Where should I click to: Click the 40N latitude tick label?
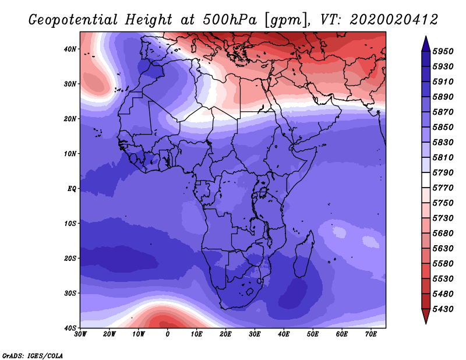pyautogui.click(x=70, y=49)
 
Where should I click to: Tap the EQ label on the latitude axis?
pyautogui.click(x=72, y=189)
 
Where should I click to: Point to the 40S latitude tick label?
pyautogui.click(x=70, y=328)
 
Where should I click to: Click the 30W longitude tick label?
pyautogui.click(x=80, y=334)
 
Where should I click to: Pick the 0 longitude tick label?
pyautogui.click(x=168, y=334)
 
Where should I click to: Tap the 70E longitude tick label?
pyautogui.click(x=371, y=334)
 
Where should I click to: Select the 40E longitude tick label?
pyautogui.click(x=284, y=334)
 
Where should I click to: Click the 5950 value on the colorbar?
pyautogui.click(x=443, y=51)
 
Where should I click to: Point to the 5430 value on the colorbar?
pyautogui.click(x=443, y=309)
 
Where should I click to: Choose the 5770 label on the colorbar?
pyautogui.click(x=443, y=188)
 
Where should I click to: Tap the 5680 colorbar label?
pyautogui.click(x=443, y=234)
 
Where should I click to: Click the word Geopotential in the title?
pyautogui.click(x=73, y=20)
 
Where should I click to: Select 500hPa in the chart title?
pyautogui.click(x=230, y=20)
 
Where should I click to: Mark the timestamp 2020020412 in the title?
pyautogui.click(x=394, y=20)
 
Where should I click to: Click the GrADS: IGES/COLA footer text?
pyautogui.click(x=33, y=355)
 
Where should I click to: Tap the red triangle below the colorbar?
pyautogui.click(x=426, y=316)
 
